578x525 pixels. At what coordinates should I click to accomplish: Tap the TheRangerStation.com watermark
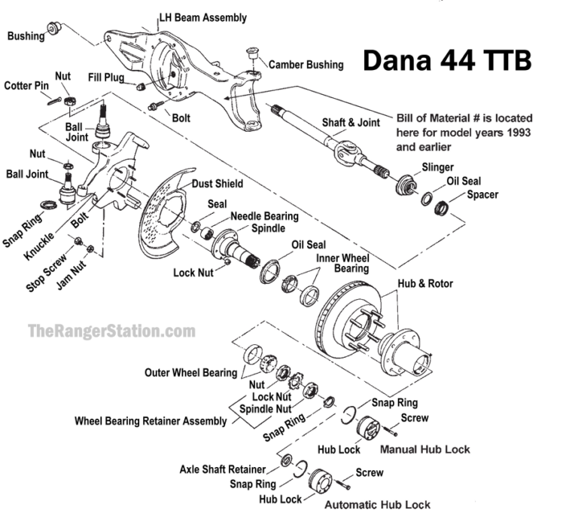coord(111,330)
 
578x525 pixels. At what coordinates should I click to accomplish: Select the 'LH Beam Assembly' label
coord(202,17)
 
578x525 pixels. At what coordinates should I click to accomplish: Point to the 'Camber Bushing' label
coord(306,65)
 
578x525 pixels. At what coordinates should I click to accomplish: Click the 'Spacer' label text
coord(482,194)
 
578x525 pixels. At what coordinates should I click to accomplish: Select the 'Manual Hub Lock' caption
coord(425,450)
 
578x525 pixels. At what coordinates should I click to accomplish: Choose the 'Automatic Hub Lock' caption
coord(378,504)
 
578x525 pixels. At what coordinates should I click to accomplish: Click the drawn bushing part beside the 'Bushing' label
coord(54,29)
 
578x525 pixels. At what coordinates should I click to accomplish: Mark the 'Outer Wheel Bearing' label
coord(190,372)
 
